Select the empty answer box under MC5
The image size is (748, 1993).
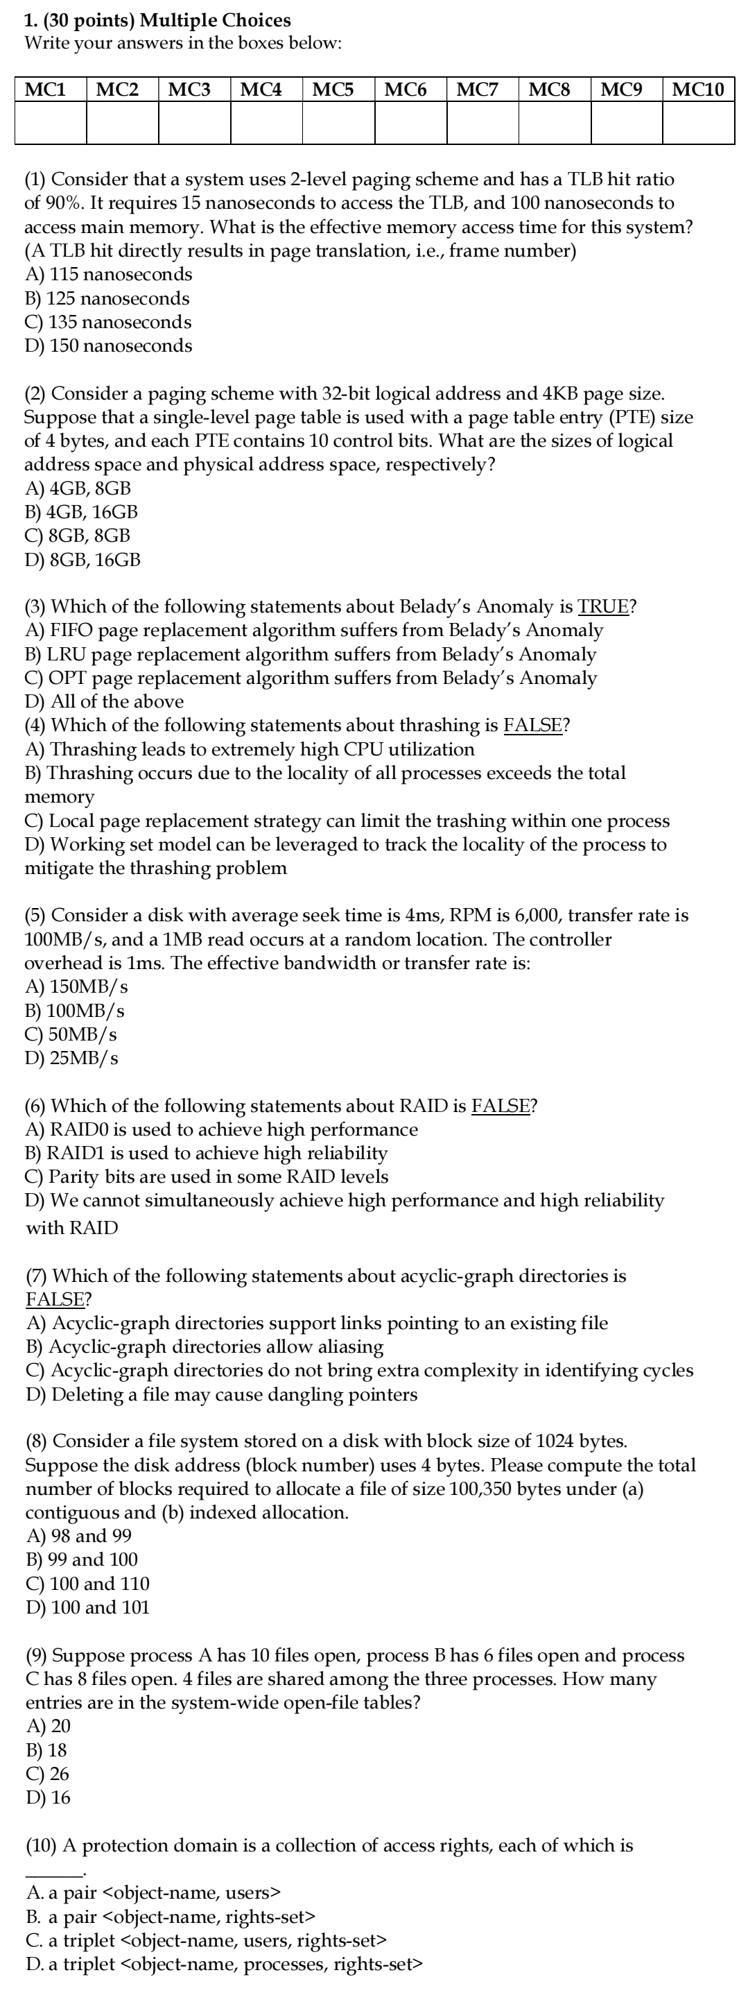[338, 123]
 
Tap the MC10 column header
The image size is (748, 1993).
[697, 89]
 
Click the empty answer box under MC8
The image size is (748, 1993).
[554, 123]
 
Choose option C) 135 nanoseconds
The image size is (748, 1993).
[108, 322]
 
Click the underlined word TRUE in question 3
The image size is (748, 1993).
[603, 606]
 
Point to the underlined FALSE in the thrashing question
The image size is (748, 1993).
[532, 726]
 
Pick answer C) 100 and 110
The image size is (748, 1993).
[87, 1584]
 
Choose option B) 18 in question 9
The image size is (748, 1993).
[47, 1750]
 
